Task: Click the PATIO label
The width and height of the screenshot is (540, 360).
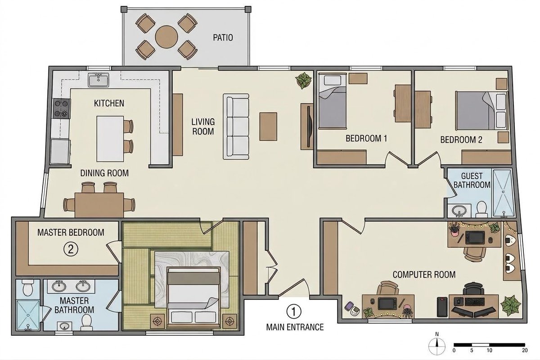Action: [x=223, y=38]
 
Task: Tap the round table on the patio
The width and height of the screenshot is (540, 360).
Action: [x=166, y=37]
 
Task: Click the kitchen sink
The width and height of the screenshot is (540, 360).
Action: [x=99, y=80]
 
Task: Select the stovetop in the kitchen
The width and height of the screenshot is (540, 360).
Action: [x=62, y=108]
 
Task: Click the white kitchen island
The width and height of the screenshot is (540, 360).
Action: [x=110, y=139]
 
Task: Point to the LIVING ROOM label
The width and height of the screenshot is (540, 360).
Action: [x=203, y=126]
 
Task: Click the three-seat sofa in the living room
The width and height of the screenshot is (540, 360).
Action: [x=236, y=126]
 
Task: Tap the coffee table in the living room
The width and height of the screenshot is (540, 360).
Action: [x=268, y=126]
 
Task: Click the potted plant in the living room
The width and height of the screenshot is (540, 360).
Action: [x=303, y=81]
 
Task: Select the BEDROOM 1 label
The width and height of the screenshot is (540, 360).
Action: [x=366, y=139]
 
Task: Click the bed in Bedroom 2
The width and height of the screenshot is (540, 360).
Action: [x=481, y=111]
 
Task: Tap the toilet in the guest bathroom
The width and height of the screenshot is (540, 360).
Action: [x=481, y=209]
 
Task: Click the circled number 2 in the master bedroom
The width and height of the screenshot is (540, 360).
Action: [x=71, y=249]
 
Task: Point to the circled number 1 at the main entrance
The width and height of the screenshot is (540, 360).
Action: [x=293, y=312]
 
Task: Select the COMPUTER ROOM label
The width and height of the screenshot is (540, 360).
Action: [x=424, y=274]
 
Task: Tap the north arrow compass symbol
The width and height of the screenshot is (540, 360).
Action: [x=437, y=346]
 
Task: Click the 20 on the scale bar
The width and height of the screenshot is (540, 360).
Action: [x=525, y=350]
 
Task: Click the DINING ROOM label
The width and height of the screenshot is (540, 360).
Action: [x=104, y=173]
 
